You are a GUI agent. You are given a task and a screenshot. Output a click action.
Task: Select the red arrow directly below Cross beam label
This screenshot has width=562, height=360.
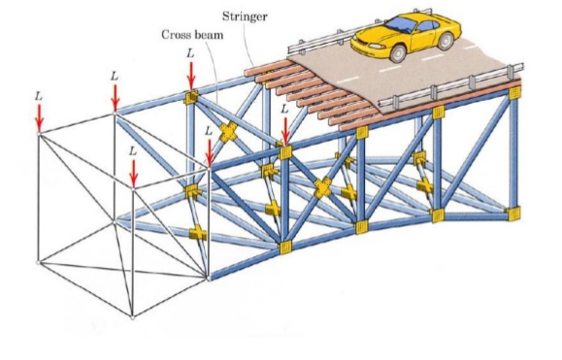pos(191,74)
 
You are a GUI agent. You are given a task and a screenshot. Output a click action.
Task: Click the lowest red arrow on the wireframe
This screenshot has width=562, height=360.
pos(134,171)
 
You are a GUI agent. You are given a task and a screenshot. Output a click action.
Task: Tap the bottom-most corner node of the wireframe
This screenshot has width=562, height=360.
pos(133,315)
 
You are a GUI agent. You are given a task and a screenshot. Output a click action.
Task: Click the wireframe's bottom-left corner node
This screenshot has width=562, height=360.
pos(38,262)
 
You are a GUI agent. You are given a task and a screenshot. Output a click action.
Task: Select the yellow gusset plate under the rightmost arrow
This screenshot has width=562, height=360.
pos(284,152)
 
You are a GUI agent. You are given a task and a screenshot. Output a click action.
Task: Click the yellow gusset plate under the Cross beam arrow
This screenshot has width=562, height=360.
pos(192,98)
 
